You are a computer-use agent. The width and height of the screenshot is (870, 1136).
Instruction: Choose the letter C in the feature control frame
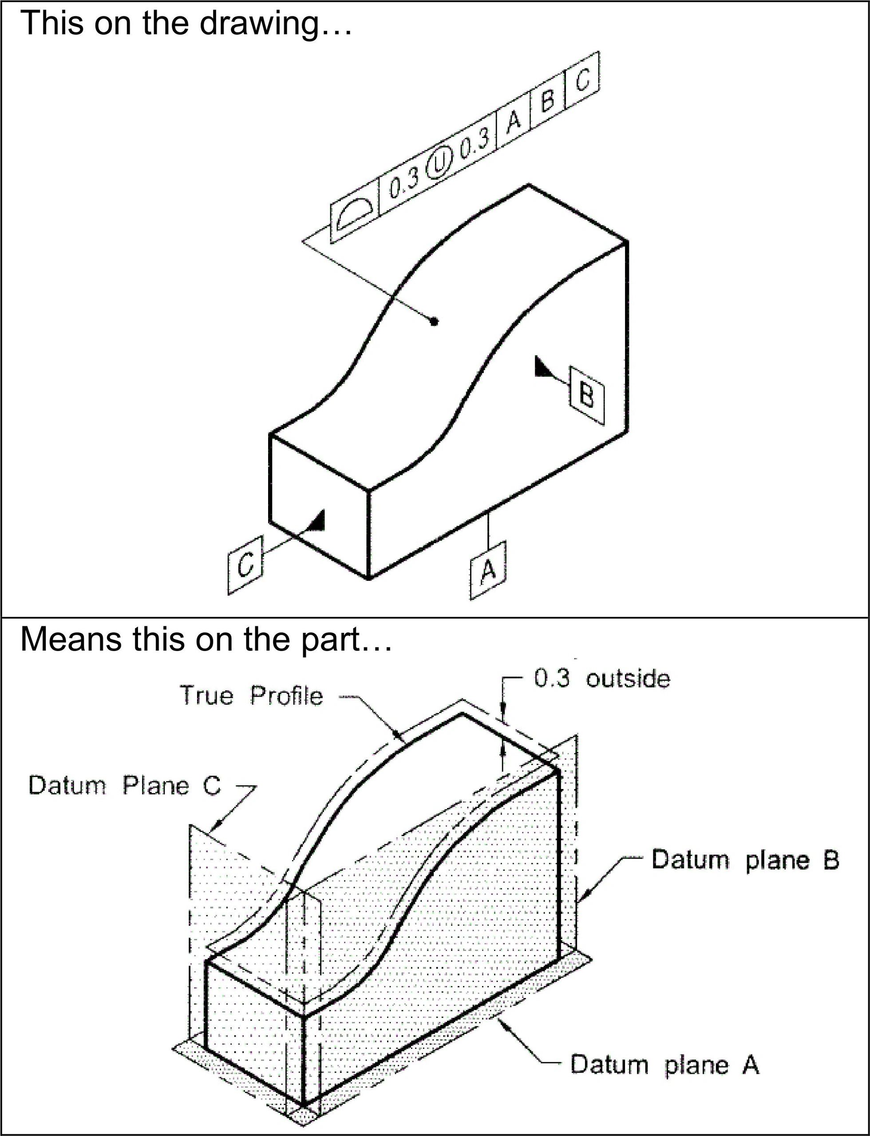click(x=582, y=80)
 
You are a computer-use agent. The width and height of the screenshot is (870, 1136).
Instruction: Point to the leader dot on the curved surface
click(x=435, y=322)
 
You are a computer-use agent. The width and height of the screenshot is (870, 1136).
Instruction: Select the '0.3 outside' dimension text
click(x=602, y=679)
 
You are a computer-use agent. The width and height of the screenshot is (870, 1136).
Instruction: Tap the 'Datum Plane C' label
click(x=125, y=785)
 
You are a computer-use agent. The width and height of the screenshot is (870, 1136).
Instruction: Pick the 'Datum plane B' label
click(x=745, y=860)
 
